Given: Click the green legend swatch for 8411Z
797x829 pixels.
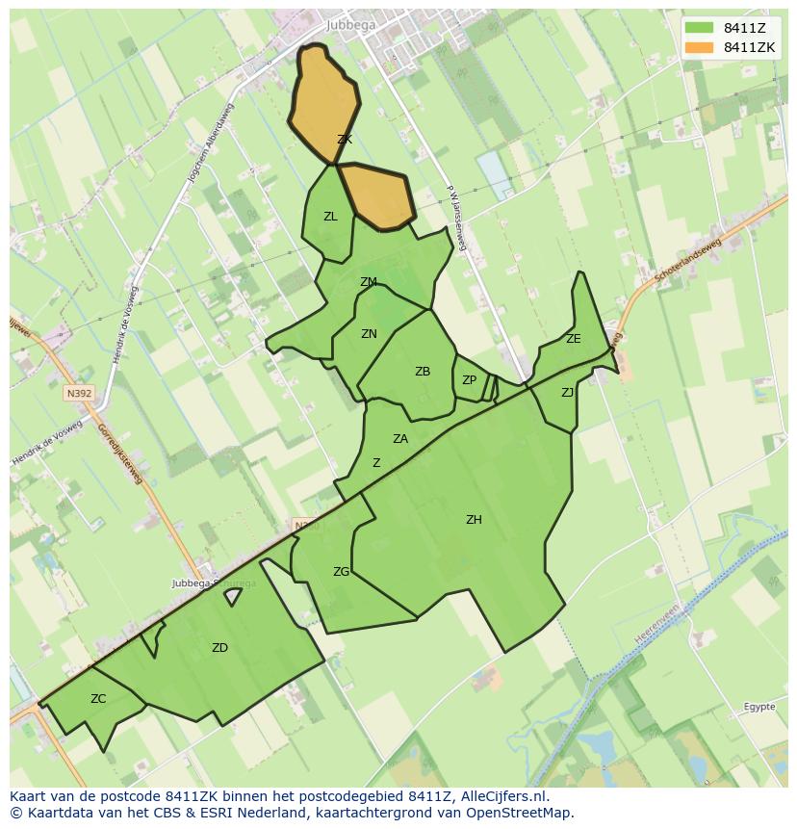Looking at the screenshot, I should click(700, 28).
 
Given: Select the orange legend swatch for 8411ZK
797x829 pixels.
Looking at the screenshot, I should click(700, 47).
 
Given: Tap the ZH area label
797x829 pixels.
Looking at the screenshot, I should click(474, 520).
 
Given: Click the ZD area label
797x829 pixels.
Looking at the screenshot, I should click(219, 648).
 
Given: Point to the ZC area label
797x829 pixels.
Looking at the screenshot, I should click(98, 699).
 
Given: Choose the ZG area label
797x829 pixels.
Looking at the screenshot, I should click(341, 572).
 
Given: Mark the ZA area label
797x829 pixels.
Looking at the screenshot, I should click(400, 439).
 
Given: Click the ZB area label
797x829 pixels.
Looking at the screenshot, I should click(423, 372).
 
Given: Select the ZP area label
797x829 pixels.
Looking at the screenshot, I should click(469, 380).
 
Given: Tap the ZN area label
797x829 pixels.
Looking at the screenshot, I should click(369, 334).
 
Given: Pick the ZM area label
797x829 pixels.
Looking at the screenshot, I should click(368, 282).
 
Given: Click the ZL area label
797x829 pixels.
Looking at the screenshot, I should click(330, 217).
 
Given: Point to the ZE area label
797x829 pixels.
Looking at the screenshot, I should click(574, 339).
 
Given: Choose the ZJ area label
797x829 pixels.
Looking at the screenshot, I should click(567, 392).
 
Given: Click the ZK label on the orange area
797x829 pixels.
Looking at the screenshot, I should click(344, 140).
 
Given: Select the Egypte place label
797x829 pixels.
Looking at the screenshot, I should click(758, 707).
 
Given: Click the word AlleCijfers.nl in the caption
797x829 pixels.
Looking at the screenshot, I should click(501, 796).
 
